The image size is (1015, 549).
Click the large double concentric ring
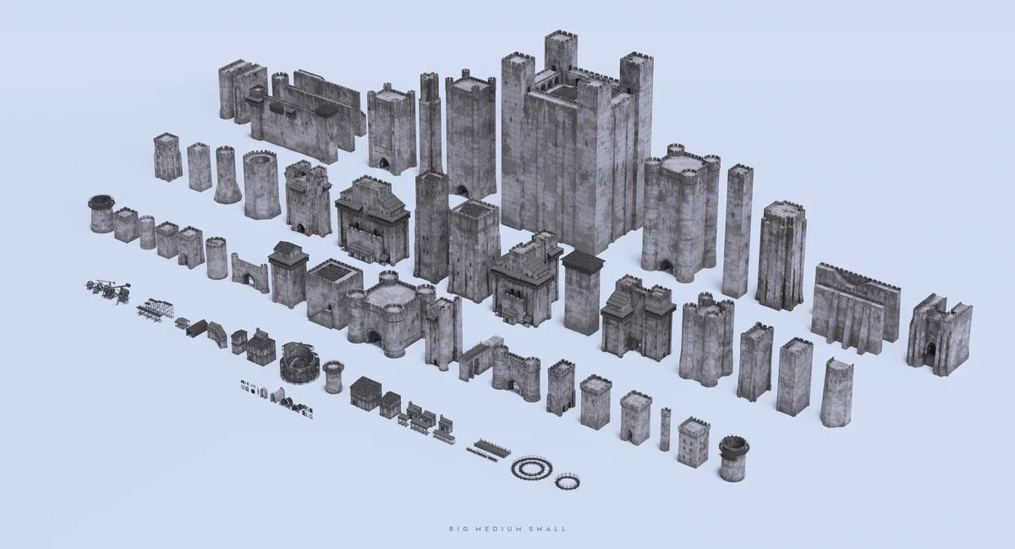[532, 466]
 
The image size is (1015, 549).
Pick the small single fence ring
[568, 481]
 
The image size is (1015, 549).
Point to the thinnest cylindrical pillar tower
[665, 429]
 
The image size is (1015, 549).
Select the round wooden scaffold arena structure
[299, 362]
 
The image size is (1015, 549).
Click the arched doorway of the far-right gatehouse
[930, 354]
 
